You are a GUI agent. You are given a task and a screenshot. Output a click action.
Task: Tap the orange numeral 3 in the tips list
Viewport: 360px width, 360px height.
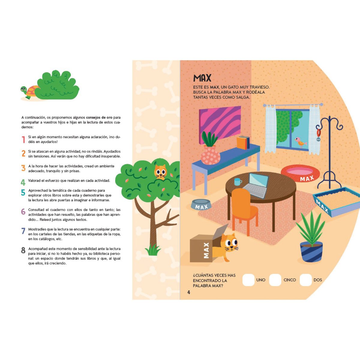[23, 168]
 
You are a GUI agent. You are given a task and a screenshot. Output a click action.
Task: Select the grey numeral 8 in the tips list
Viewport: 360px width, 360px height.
[23, 250]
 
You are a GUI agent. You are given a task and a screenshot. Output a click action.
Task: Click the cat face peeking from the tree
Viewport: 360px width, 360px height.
[160, 172]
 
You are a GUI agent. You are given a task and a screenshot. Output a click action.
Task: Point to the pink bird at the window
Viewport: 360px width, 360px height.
[301, 142]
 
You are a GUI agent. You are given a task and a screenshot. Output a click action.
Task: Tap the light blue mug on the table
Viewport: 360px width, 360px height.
[238, 181]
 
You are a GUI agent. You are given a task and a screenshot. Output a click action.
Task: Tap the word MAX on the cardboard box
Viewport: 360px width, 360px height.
[206, 250]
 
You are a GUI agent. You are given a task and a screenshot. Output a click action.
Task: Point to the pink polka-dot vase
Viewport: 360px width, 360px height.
[210, 155]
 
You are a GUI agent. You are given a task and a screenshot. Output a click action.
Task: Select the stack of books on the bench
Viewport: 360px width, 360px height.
[243, 142]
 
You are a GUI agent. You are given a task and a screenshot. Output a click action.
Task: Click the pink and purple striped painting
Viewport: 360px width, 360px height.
[220, 124]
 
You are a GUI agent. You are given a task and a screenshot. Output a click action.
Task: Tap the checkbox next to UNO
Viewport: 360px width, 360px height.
[248, 280]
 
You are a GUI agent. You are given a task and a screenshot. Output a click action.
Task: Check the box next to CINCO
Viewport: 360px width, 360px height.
[275, 280]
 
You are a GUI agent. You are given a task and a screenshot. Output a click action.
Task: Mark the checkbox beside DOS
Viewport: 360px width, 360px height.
[306, 280]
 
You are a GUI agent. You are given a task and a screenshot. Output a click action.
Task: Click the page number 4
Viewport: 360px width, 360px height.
[189, 292]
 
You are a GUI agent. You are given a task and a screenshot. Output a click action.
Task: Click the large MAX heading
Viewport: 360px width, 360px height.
[202, 78]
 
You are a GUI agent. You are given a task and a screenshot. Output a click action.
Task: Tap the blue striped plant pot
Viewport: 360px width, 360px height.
[311, 251]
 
